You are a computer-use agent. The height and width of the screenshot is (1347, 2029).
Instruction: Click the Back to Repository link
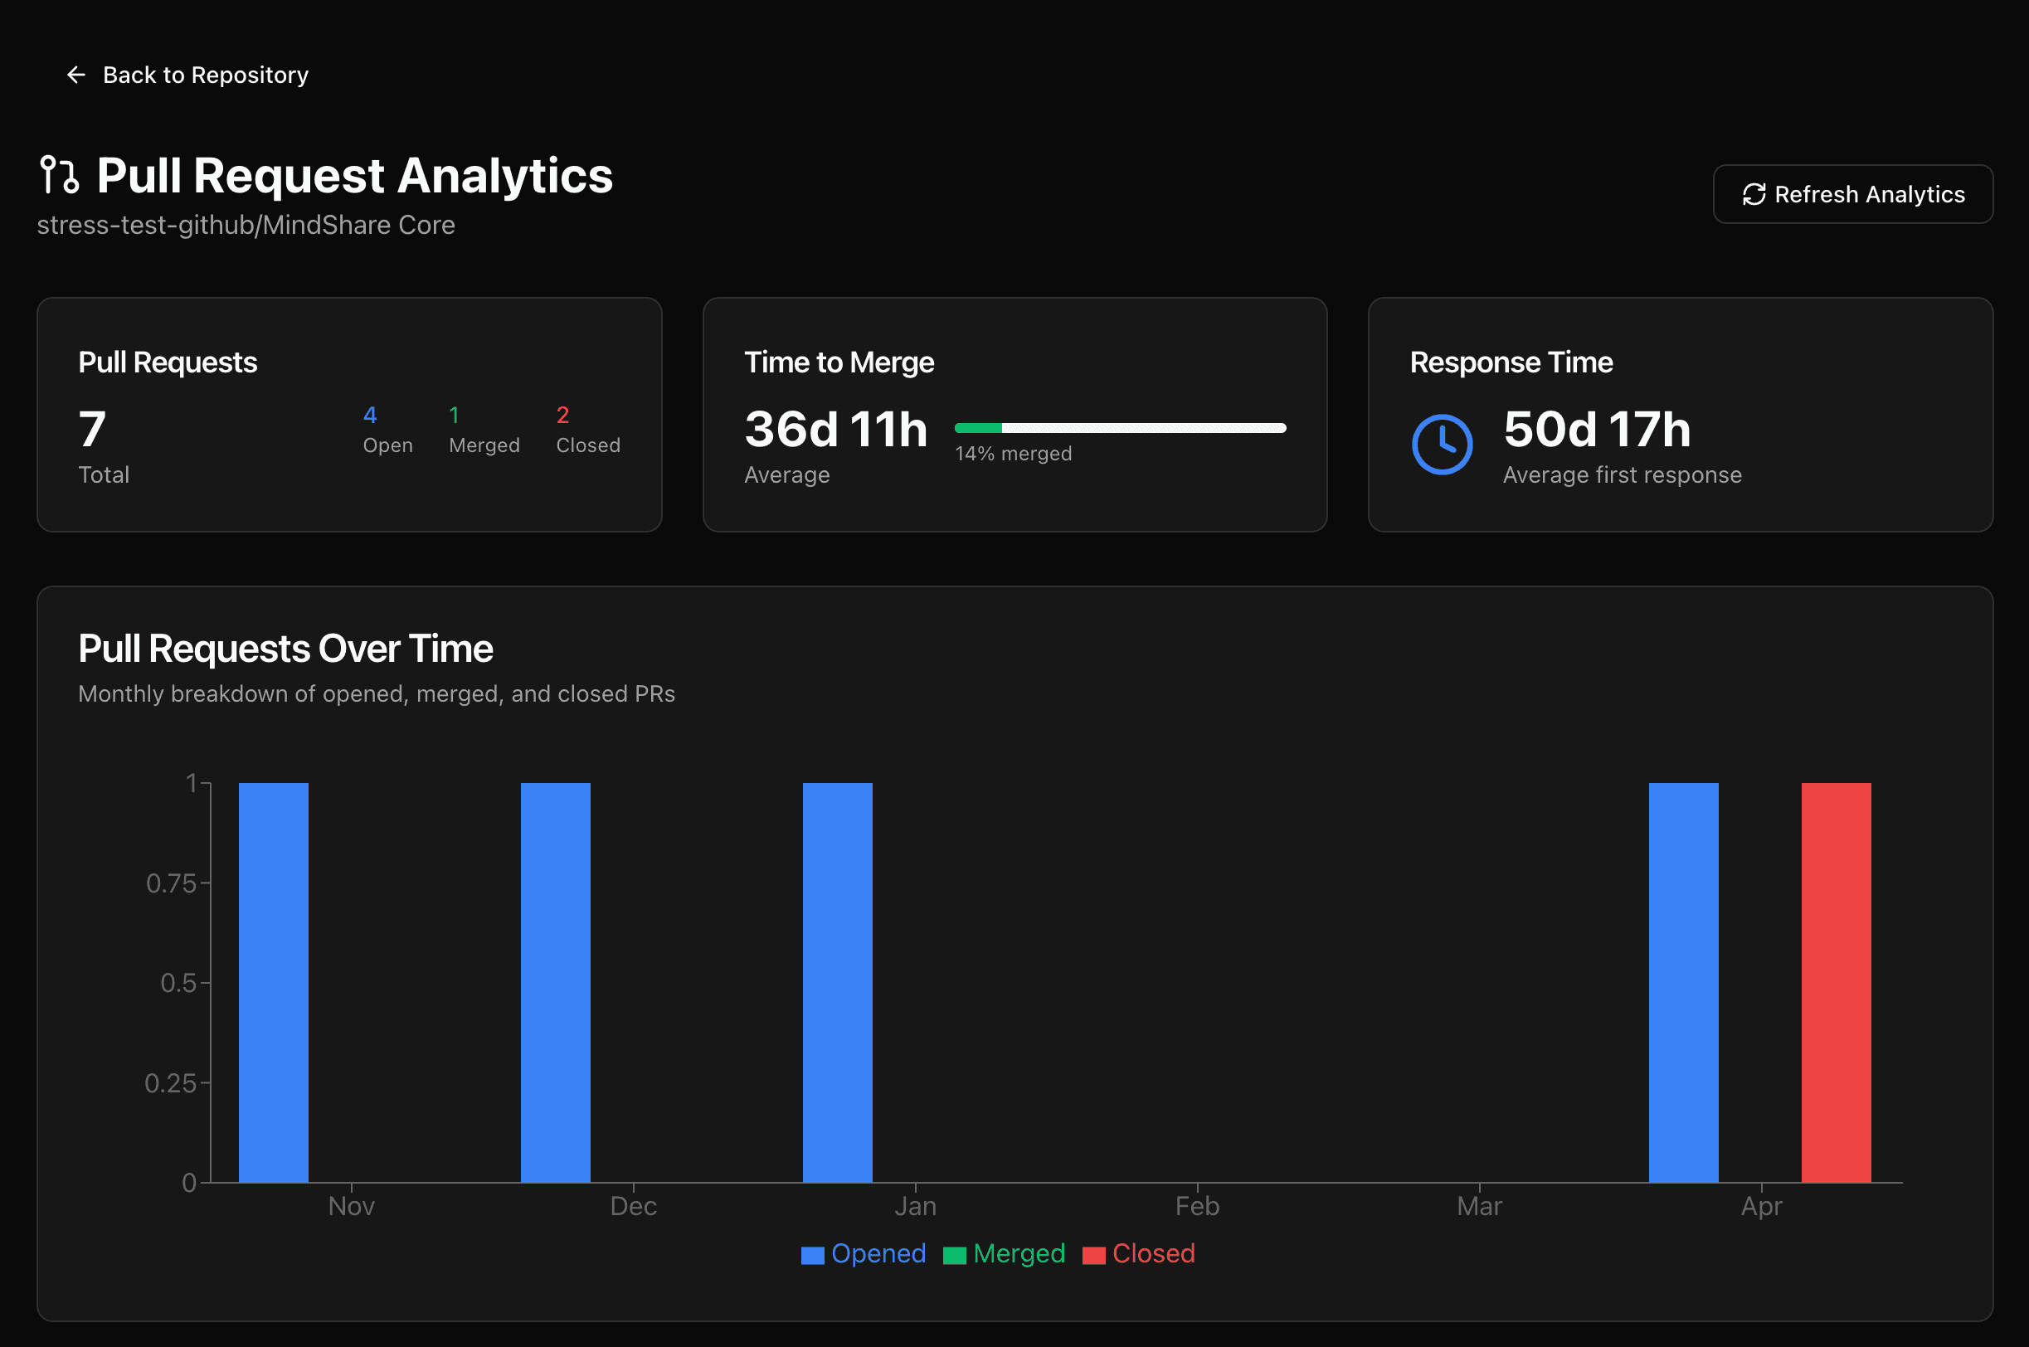[x=187, y=75]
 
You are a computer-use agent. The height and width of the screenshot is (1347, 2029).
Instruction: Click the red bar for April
[x=1835, y=982]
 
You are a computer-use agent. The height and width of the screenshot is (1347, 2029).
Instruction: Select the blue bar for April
[x=1683, y=982]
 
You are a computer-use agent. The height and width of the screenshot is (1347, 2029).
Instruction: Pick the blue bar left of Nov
[x=273, y=982]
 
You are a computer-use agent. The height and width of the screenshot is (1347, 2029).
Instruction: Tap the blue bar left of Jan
[x=837, y=982]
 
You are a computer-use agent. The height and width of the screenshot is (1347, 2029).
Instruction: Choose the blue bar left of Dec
[x=555, y=982]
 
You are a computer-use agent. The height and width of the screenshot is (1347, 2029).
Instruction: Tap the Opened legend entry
[x=864, y=1253]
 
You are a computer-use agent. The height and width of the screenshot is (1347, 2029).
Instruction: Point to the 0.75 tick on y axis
[x=172, y=883]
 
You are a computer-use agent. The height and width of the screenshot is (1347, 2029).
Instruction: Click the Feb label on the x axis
[x=1197, y=1206]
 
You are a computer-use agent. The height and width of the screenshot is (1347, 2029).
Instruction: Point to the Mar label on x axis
[x=1478, y=1206]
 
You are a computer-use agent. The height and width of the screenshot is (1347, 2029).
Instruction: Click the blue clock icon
[x=1442, y=444]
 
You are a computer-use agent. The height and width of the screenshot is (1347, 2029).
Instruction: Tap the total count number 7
[x=92, y=430]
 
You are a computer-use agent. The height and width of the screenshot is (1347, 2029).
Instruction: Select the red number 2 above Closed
[x=562, y=416]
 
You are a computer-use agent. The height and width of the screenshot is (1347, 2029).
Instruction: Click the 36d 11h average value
[x=835, y=430]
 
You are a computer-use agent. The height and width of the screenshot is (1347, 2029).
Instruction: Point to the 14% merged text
[x=1013, y=454]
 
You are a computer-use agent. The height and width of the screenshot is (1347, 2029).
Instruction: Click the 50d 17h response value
[x=1596, y=430]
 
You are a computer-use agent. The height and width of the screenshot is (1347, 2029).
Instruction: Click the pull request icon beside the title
[x=59, y=174]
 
